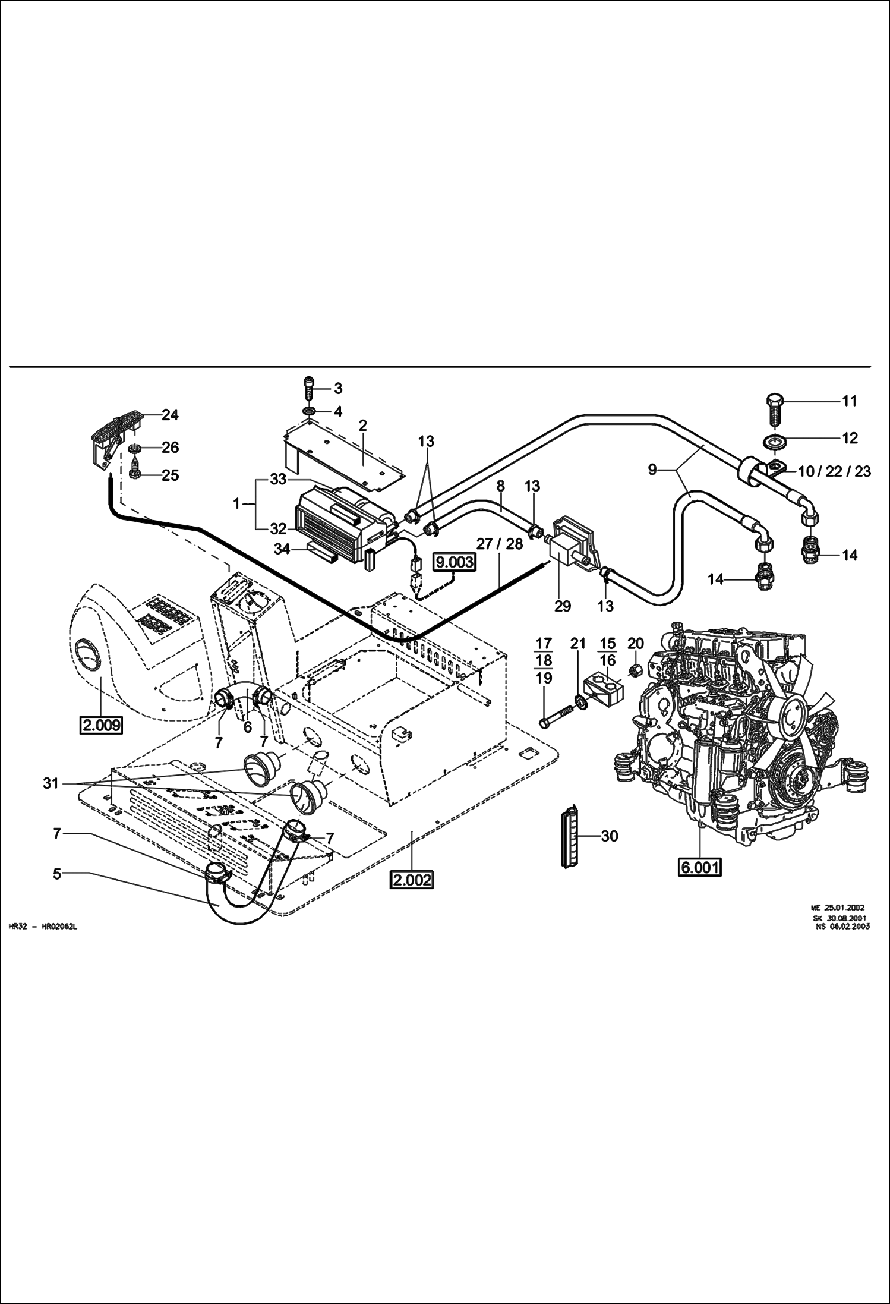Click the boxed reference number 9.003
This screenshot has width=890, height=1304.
pyautogui.click(x=455, y=562)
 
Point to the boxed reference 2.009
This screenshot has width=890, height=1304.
pyautogui.click(x=100, y=725)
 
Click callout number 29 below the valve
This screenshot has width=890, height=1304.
pyautogui.click(x=562, y=606)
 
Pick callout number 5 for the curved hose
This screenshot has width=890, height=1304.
pyautogui.click(x=57, y=874)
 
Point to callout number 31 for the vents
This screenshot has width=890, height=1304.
pyautogui.click(x=51, y=784)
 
